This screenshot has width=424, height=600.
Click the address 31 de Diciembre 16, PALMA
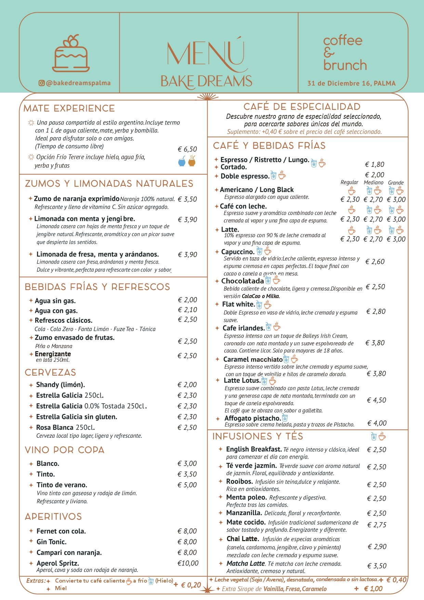(x=351, y=83)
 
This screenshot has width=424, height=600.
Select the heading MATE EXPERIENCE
(x=69, y=108)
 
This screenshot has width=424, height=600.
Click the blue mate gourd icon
(x=182, y=161)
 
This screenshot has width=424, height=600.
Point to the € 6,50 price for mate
(x=187, y=149)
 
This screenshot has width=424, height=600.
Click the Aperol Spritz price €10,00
(x=188, y=563)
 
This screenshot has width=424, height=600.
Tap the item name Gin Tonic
(x=52, y=542)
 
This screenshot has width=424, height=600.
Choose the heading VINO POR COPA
(x=65, y=450)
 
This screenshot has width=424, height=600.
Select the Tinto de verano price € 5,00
(x=187, y=485)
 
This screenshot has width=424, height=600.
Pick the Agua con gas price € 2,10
(x=187, y=310)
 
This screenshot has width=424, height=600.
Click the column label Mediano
(x=373, y=182)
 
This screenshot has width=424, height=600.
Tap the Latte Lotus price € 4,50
(x=376, y=400)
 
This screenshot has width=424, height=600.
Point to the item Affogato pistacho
(x=253, y=418)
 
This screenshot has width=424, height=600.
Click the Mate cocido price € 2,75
(x=377, y=525)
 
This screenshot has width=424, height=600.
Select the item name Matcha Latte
(x=246, y=563)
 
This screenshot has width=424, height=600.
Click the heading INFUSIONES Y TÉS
(x=257, y=436)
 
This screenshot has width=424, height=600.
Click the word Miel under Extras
(x=61, y=588)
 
